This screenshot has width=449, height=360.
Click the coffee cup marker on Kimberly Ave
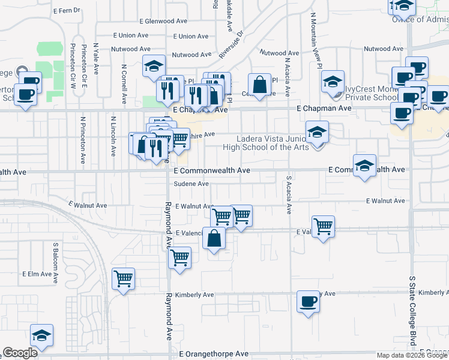click(x=309, y=301)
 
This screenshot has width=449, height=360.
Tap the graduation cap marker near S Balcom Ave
click(x=42, y=335)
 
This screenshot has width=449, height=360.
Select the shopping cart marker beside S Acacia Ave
click(x=323, y=226)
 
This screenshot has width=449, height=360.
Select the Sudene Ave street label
click(x=191, y=184)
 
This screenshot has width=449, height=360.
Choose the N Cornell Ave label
click(x=124, y=83)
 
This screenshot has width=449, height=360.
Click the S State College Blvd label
click(x=412, y=310)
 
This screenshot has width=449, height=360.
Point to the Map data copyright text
click(x=412, y=355)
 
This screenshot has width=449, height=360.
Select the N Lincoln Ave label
click(x=112, y=135)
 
